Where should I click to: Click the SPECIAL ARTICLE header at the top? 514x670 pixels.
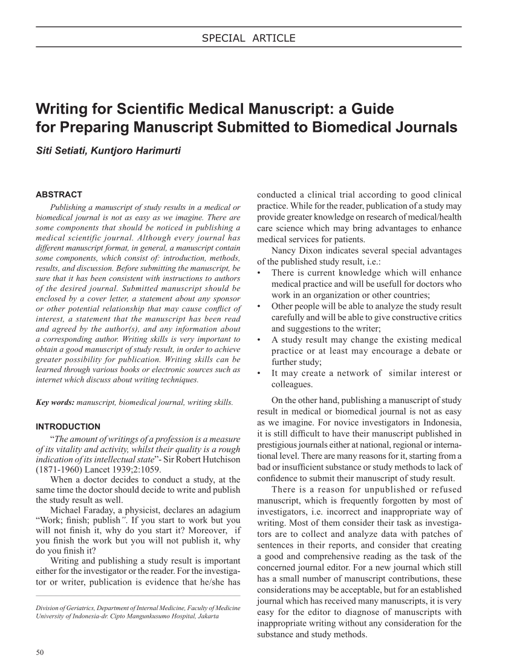coord(249,39)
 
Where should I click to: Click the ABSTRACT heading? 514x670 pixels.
coord(59,194)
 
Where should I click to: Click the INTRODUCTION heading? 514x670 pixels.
coord(68,426)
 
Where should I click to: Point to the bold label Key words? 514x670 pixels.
coord(56,402)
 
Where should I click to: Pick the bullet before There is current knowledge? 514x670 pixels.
coord(259,273)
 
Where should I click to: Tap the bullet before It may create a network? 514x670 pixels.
coord(259,373)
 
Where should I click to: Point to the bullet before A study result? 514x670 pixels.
coord(259,340)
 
